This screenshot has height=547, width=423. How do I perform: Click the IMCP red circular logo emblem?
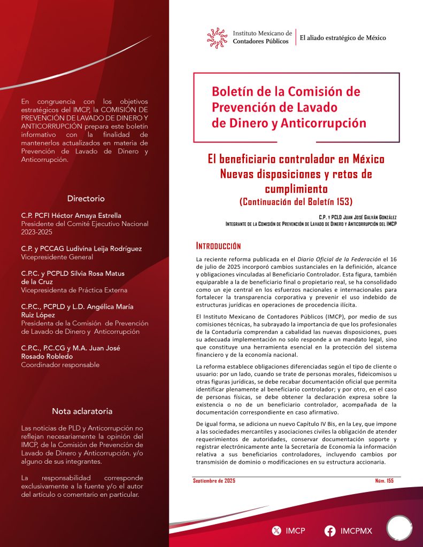click(x=217, y=37)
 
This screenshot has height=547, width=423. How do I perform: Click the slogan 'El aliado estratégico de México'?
click(x=343, y=38)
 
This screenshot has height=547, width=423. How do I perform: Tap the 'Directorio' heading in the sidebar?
click(x=86, y=198)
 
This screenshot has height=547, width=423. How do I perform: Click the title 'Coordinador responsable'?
click(x=60, y=365)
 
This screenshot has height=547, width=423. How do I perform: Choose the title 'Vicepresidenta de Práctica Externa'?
click(x=74, y=290)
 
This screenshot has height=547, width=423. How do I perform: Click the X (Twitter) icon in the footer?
click(x=276, y=531)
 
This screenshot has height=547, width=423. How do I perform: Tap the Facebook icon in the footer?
click(x=330, y=531)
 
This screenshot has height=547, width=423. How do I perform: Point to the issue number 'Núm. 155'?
click(x=384, y=481)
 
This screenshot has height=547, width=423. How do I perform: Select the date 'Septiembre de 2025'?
click(x=214, y=481)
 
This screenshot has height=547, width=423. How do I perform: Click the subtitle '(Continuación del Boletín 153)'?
click(x=296, y=201)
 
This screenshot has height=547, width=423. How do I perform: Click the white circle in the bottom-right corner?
click(x=399, y=528)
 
